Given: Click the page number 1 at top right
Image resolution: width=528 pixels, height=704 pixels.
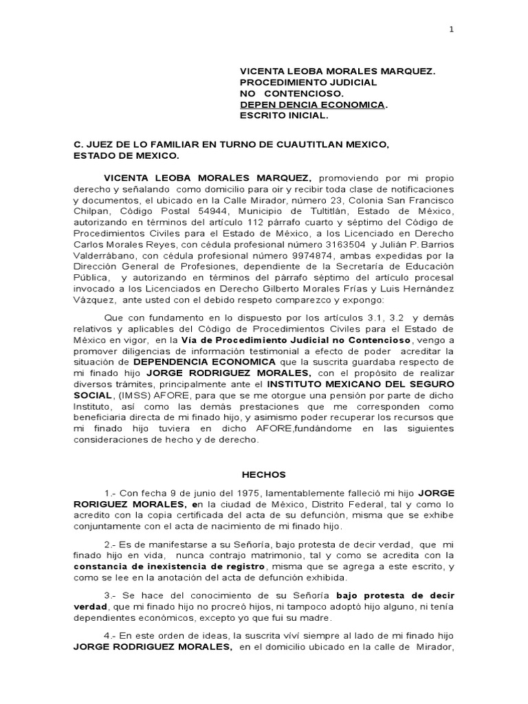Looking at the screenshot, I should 451,29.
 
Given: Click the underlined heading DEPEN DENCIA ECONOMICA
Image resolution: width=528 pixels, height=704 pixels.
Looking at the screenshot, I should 311,104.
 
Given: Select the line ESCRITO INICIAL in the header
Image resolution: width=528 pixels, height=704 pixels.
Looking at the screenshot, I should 284,115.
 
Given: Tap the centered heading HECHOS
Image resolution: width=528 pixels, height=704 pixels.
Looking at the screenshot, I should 263,475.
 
